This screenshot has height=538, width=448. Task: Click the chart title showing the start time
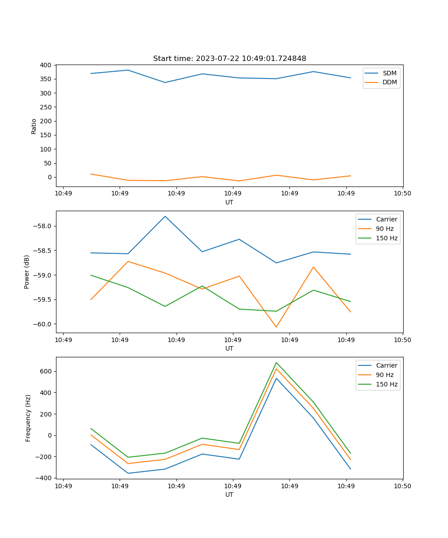229,59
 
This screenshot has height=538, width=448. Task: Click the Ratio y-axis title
34,126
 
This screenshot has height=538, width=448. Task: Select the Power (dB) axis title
27,272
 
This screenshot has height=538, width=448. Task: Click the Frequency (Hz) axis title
28,418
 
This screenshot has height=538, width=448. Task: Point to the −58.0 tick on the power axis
43,226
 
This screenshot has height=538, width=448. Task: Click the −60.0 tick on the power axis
43,324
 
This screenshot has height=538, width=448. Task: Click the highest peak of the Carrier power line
165,217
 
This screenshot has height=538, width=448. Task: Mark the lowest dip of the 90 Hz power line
276,327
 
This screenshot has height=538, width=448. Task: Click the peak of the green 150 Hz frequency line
276,363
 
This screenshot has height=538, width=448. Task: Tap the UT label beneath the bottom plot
229,495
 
